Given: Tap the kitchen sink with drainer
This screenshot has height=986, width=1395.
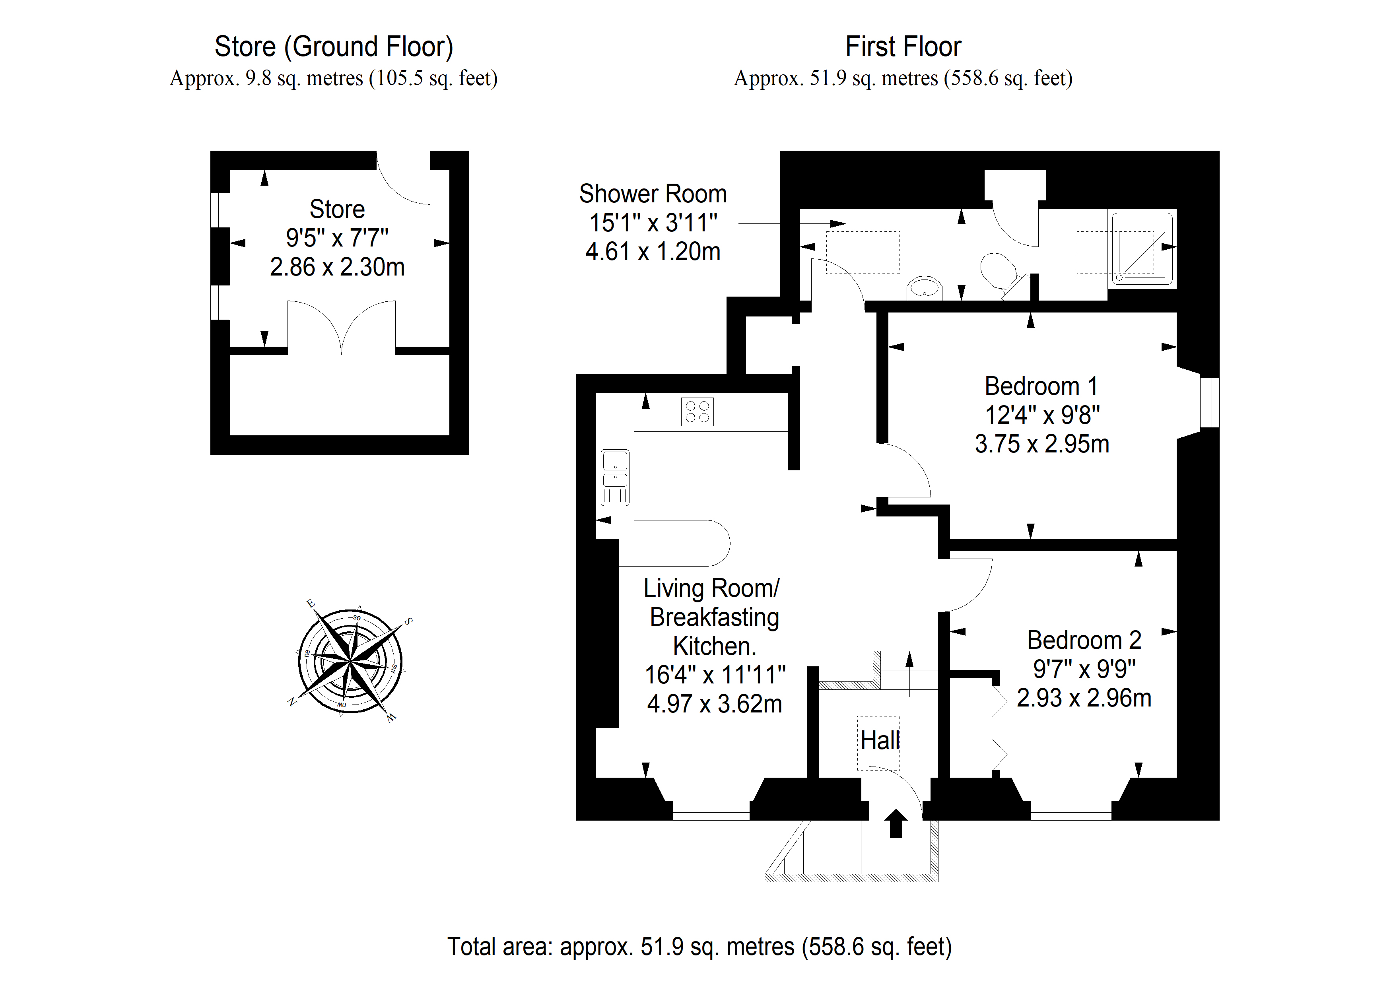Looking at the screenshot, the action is [x=615, y=477].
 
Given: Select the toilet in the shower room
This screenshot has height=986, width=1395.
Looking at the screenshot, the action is [x=1002, y=275].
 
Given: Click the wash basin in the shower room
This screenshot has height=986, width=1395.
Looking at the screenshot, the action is [x=924, y=289].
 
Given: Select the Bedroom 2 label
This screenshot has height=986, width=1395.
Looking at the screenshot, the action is [x=1084, y=641].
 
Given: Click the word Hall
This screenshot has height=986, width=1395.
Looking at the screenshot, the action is [x=880, y=741].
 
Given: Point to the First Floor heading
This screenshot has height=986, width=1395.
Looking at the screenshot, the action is [x=903, y=47].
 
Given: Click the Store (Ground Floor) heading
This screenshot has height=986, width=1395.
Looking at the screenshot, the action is [x=334, y=47].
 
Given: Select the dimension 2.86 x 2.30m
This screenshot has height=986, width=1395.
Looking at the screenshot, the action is [x=337, y=267].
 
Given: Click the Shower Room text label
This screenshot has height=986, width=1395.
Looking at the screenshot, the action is [x=653, y=194].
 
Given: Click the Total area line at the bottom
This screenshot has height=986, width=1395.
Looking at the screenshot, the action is [x=699, y=947].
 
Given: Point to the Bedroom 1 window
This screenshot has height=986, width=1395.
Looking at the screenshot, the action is [x=1210, y=402].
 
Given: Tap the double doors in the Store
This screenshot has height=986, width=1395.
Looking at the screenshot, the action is [x=342, y=327].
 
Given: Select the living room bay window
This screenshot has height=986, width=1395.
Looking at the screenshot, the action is [x=711, y=810].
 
